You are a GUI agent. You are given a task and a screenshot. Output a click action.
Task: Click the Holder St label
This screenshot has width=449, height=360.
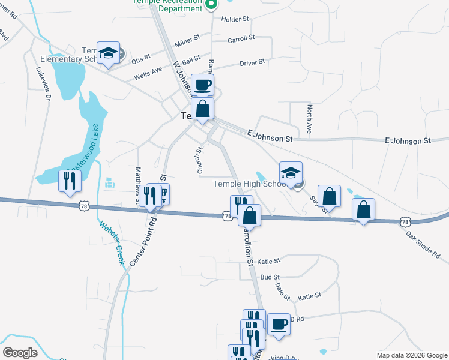tap(235, 19)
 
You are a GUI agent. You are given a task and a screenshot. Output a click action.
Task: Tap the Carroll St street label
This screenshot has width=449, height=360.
tap(241, 38)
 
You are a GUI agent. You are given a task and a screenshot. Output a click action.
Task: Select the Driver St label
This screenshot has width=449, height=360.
tap(252, 62)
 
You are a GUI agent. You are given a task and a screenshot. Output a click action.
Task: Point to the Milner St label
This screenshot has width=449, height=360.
tap(187, 42)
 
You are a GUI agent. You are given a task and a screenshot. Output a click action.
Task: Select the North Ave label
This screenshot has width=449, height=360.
tap(309, 119)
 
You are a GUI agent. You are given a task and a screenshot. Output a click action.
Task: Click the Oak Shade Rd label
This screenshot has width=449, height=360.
tap(423, 245)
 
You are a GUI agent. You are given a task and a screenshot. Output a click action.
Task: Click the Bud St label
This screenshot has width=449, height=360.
tap(270, 277)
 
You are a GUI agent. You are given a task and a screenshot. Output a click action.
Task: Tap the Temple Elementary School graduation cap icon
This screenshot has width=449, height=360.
tap(109, 53)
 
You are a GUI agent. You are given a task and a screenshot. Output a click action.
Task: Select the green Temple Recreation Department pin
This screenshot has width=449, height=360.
tap(210, 5)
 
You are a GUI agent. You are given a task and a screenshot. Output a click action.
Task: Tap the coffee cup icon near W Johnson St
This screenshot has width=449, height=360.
tap(202, 84)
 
